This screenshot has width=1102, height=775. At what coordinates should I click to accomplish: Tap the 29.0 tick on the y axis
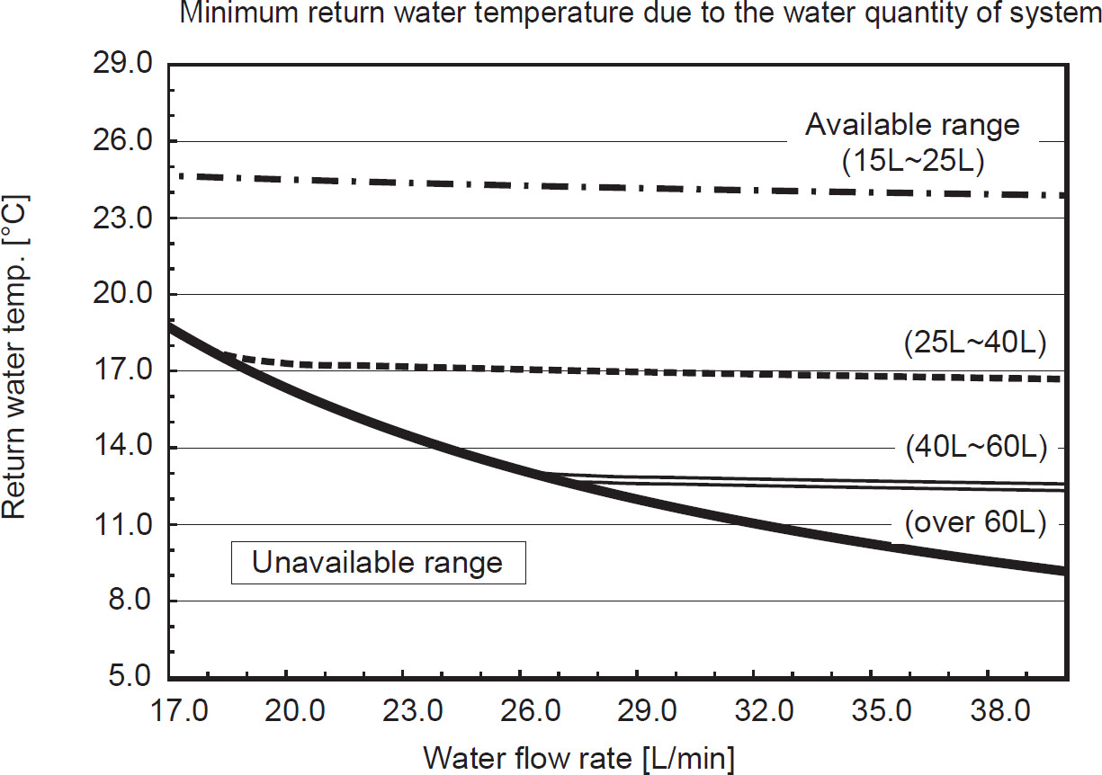point(123,65)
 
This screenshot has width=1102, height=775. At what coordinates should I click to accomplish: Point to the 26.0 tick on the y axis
point(123,141)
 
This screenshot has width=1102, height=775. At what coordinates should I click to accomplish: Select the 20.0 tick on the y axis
point(123,295)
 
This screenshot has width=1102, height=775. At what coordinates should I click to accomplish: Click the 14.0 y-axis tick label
point(123,448)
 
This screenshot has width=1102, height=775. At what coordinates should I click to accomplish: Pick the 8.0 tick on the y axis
point(131,601)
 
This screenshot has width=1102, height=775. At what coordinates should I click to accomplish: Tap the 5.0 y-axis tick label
point(131,677)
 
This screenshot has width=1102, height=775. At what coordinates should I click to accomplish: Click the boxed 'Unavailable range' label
point(378,564)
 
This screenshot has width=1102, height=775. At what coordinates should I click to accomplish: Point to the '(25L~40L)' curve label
point(974,343)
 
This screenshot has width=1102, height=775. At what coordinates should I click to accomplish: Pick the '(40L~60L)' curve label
point(974,447)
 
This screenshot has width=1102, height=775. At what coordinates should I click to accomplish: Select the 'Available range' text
point(912,125)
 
